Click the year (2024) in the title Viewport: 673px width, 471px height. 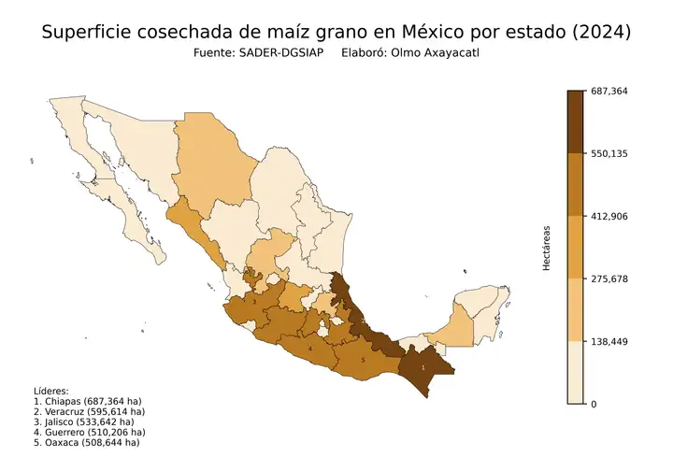601,33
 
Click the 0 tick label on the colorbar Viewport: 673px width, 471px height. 596,404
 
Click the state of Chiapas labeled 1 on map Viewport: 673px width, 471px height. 425,365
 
